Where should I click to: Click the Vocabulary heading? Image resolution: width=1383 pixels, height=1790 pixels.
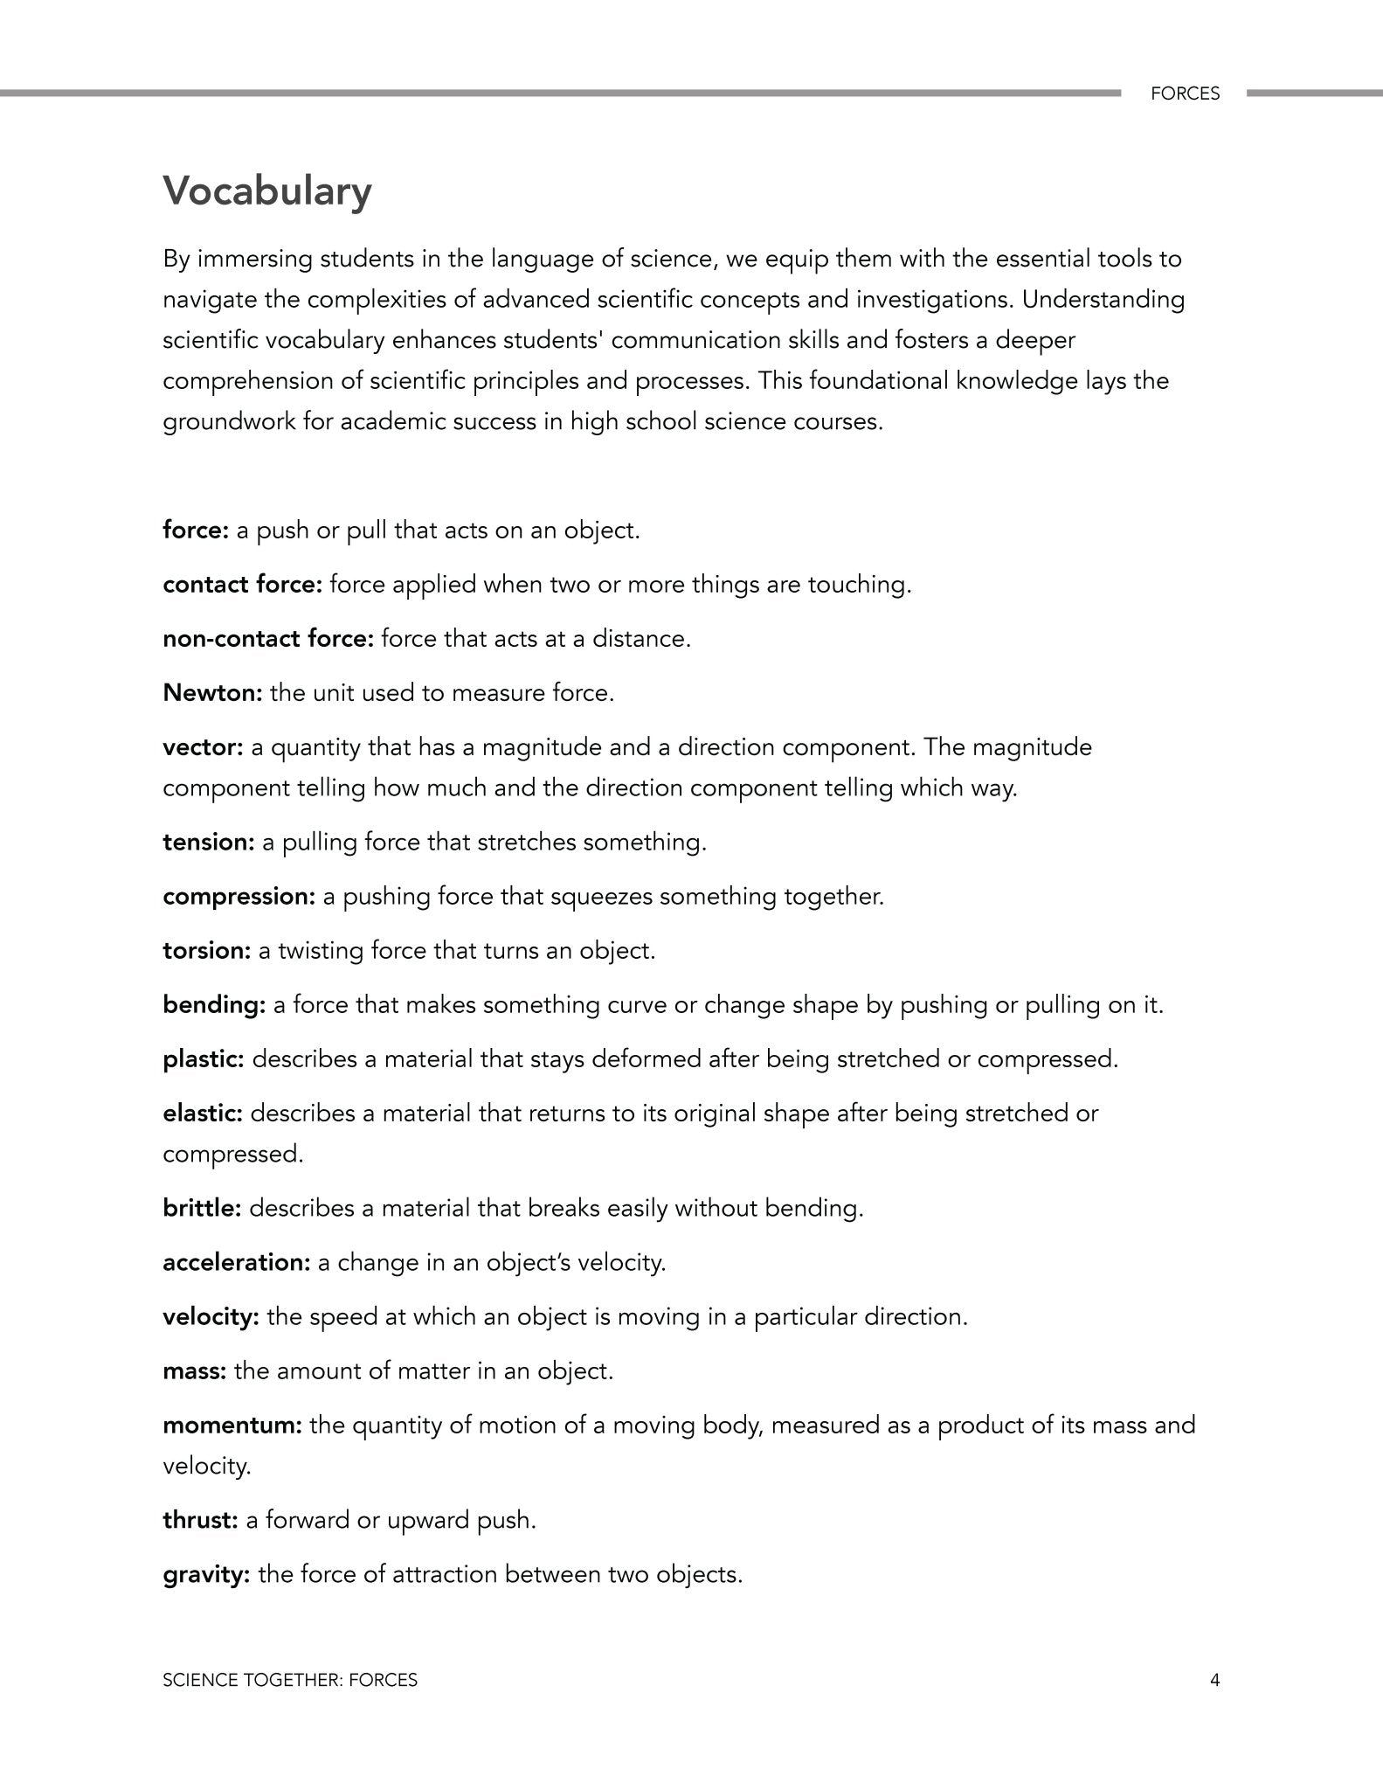click(267, 191)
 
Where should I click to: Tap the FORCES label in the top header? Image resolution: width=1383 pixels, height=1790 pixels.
click(1185, 94)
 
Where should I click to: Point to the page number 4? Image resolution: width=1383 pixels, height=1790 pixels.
click(1214, 1680)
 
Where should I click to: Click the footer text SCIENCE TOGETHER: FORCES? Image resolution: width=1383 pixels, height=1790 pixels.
click(290, 1680)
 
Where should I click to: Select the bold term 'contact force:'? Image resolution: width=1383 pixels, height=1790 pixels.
click(243, 585)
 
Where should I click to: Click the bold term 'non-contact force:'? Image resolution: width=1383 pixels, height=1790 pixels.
click(268, 639)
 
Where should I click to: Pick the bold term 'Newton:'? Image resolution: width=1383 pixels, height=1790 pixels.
click(212, 693)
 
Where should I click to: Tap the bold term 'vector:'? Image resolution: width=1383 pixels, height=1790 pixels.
click(203, 747)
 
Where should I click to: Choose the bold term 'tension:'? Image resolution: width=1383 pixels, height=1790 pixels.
click(209, 843)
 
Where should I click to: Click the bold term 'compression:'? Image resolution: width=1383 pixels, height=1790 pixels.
click(239, 897)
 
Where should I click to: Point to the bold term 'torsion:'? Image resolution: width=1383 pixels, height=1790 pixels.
click(207, 951)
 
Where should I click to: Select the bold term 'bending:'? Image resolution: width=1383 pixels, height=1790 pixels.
click(214, 1005)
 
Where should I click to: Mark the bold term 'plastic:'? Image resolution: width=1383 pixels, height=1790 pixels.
click(204, 1059)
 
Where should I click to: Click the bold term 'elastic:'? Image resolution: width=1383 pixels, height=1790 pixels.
click(203, 1114)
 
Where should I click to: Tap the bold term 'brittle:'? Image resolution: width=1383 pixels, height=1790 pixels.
click(202, 1209)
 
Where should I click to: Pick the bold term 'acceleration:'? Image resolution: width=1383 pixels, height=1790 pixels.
click(236, 1263)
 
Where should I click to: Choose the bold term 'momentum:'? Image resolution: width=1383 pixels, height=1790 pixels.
click(232, 1426)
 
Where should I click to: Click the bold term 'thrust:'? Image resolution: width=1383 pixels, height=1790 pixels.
click(200, 1521)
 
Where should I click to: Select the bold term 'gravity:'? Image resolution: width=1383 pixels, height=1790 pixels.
click(206, 1575)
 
